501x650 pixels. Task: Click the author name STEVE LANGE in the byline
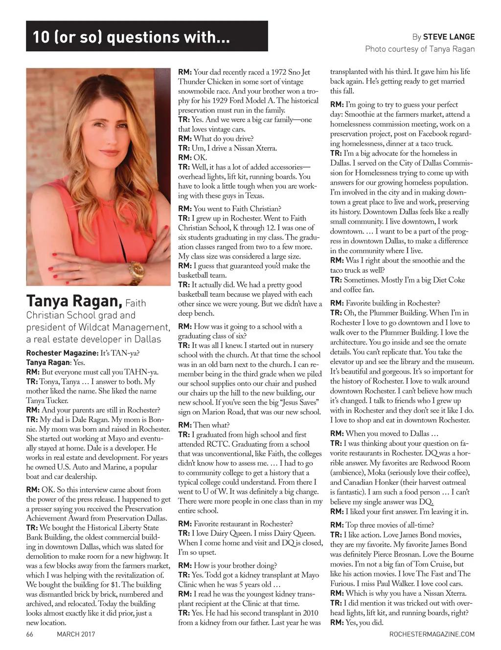pos(449,37)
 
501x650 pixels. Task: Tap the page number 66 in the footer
pos(29,634)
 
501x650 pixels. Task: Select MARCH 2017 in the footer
pos(76,634)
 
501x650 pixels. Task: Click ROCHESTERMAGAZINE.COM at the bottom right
pos(432,634)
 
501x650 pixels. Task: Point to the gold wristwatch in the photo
pos(136,272)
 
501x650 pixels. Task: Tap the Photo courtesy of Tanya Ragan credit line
pos(420,49)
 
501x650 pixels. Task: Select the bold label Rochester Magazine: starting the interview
pos(57,353)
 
